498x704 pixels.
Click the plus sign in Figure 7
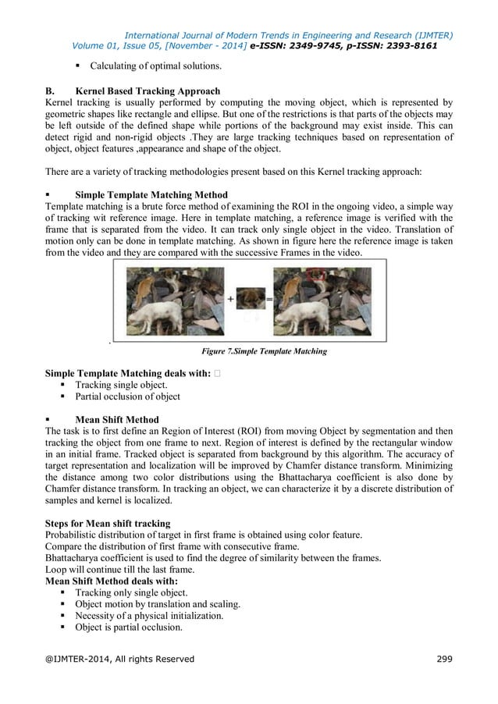[x=231, y=299]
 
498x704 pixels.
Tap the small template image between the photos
[x=250, y=298]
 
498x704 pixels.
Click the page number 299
[x=443, y=660]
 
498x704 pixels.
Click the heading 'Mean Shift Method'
[x=116, y=419]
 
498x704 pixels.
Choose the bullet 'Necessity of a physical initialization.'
[x=149, y=615]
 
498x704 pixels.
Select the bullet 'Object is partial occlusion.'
[x=129, y=627]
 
